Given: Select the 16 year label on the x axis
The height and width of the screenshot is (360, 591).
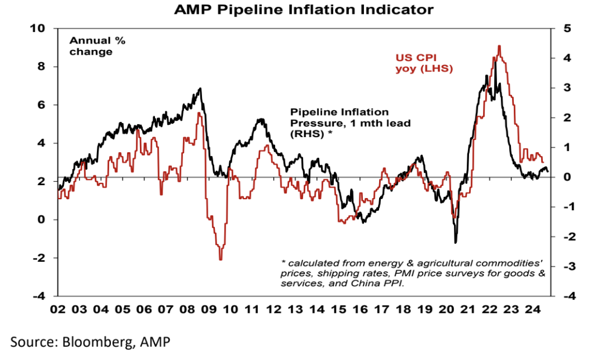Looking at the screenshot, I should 362,310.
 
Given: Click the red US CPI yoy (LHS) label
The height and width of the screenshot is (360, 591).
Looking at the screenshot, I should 424,63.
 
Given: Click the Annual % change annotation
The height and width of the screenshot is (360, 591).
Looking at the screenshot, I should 97,46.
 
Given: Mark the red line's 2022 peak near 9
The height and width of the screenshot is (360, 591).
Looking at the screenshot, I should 499,46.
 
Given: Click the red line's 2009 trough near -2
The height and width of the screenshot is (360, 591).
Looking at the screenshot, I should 221,259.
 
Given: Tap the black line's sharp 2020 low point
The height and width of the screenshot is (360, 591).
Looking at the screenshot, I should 456,242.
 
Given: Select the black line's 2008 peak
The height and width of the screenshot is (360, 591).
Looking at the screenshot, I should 200,89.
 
